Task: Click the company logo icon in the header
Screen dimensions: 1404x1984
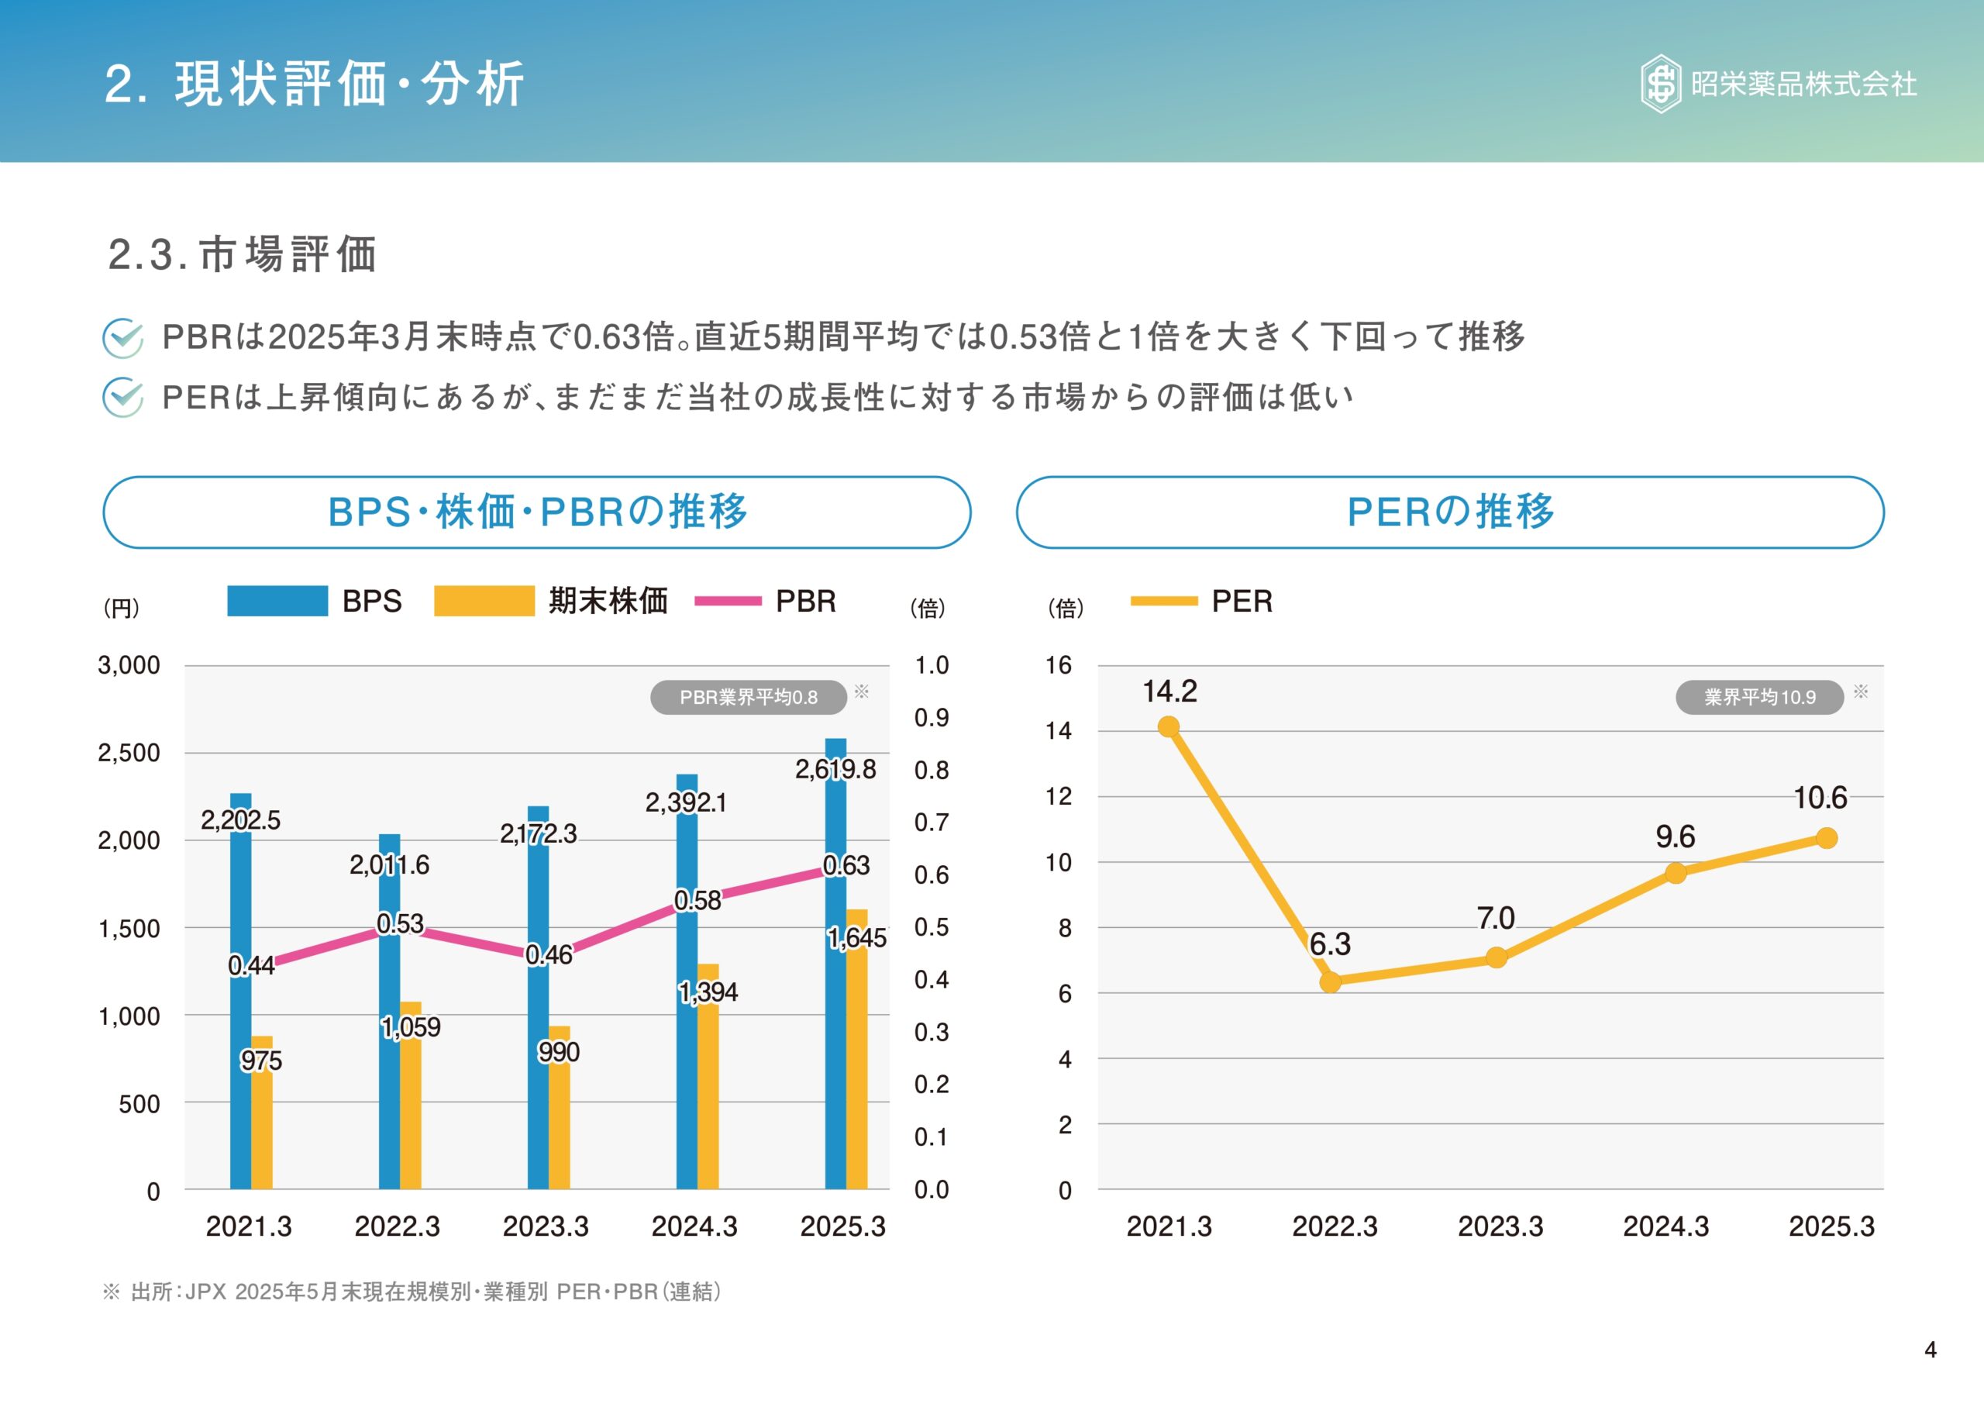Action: coord(1660,84)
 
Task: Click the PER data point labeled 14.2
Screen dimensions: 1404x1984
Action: coord(1168,727)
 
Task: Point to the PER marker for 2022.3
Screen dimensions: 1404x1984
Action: coord(1331,982)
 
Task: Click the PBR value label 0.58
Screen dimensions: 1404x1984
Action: coord(697,901)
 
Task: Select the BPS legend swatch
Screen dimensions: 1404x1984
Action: coord(277,601)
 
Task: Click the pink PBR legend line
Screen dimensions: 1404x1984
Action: coord(728,601)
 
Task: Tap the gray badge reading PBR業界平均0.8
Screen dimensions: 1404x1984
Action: coord(749,697)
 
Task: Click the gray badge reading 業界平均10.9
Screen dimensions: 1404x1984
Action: coord(1759,697)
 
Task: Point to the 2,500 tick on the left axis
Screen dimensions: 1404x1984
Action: coord(129,753)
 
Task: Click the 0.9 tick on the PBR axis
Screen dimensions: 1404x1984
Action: coord(932,718)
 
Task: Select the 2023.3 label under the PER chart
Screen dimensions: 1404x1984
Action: coord(1500,1226)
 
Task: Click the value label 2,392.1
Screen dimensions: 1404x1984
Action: coord(686,802)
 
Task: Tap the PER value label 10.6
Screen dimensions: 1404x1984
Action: coord(1820,798)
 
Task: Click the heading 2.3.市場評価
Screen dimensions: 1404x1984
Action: coord(243,254)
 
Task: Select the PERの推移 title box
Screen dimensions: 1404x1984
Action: coord(1450,512)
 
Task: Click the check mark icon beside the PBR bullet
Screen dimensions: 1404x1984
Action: coord(122,337)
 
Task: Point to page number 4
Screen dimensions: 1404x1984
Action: coord(1931,1350)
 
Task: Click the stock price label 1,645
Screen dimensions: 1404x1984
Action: coord(856,938)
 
